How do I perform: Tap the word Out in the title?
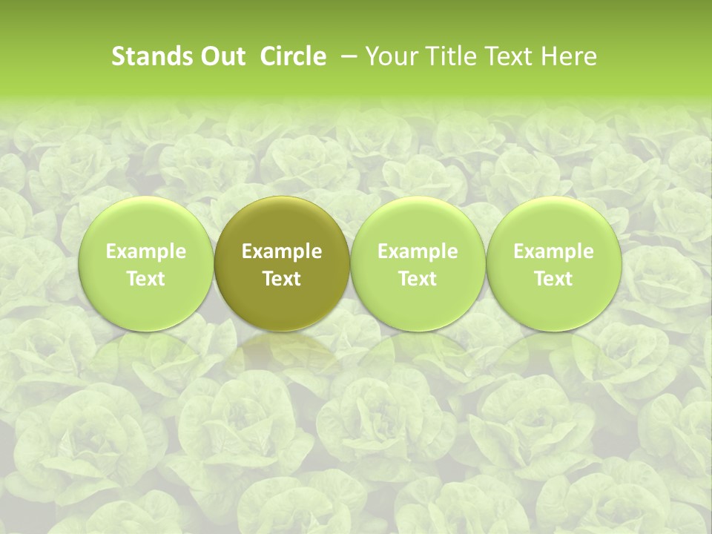coord(221,56)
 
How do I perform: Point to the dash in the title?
coord(346,56)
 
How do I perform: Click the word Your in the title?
coord(389,56)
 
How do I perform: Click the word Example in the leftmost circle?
coord(146,251)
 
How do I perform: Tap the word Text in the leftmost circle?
coord(146,279)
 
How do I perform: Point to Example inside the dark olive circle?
coord(282,251)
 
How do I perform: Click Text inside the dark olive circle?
coord(282,279)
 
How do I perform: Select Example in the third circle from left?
coord(418,251)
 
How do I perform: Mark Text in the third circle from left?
coord(418,279)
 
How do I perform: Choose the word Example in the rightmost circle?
coord(553,251)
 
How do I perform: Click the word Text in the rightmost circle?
coord(553,279)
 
